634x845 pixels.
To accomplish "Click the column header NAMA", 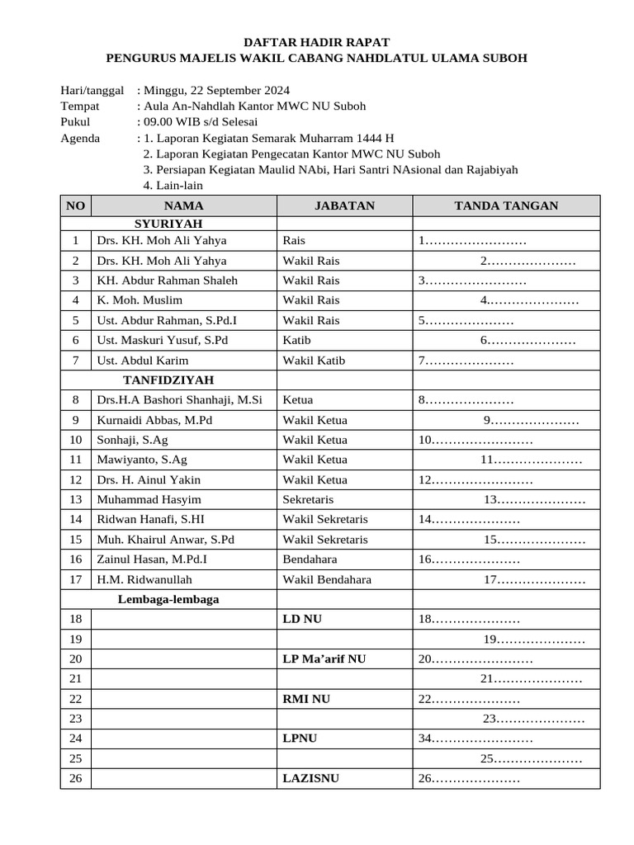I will click(183, 205).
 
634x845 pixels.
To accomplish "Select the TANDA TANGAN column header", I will click(506, 205).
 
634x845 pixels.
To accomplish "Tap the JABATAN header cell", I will click(344, 205).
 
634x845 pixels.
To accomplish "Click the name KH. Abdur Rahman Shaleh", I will click(167, 281).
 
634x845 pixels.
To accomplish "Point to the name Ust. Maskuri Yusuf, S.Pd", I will click(163, 340).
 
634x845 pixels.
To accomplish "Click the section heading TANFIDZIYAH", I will click(168, 380).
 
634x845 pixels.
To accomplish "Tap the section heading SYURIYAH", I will click(168, 224).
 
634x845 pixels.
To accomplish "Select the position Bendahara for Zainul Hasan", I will click(309, 559).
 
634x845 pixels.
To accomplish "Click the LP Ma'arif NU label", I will click(324, 659).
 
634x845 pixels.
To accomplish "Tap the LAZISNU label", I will click(310, 778).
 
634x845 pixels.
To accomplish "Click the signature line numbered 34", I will click(475, 739).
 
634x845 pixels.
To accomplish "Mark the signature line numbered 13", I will click(534, 500).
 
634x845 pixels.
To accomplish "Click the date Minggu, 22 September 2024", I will click(216, 90).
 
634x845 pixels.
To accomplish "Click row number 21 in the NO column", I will click(76, 678).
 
